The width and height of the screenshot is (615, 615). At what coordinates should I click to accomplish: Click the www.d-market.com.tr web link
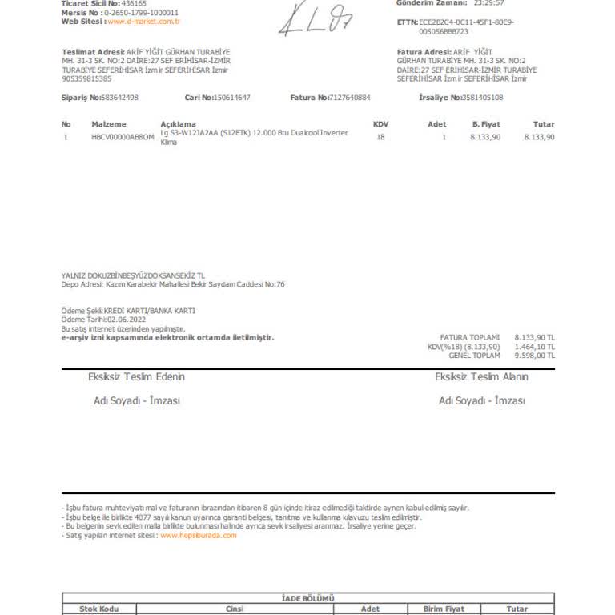click(x=143, y=22)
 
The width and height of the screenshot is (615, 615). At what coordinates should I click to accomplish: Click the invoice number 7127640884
click(x=350, y=98)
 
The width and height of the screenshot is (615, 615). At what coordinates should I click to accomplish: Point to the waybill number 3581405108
click(x=483, y=98)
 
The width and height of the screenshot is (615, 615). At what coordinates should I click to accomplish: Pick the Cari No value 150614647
click(x=231, y=98)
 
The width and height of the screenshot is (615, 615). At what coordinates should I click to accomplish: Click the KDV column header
click(x=380, y=124)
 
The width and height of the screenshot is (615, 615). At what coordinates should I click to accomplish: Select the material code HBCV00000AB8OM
click(x=123, y=137)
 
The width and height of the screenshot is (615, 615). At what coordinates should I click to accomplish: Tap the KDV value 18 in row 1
click(x=380, y=137)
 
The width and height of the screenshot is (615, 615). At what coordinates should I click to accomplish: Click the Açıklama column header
click(x=178, y=124)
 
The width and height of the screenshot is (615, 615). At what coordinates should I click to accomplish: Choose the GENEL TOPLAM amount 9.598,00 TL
click(x=534, y=355)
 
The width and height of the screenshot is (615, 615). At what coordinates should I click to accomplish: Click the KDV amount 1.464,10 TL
click(x=534, y=346)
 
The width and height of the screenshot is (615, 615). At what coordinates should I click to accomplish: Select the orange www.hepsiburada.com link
click(x=199, y=536)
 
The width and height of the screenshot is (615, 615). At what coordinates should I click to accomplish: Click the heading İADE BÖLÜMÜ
click(x=308, y=598)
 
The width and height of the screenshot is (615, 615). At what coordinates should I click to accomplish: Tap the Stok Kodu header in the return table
click(x=99, y=609)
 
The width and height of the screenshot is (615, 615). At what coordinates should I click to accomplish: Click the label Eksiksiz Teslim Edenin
click(x=136, y=376)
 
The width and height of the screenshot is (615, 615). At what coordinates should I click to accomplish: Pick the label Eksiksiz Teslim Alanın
click(x=481, y=376)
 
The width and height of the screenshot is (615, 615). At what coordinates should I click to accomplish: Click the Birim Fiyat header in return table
click(x=444, y=609)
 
